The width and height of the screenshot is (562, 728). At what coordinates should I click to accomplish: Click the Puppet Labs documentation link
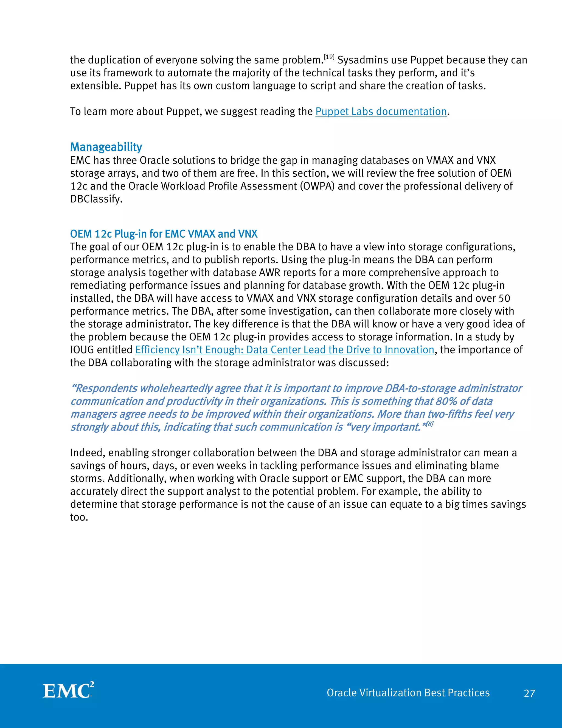381,112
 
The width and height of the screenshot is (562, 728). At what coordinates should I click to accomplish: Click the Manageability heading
106,147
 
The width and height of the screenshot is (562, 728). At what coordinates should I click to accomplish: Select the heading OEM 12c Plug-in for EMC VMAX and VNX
164,234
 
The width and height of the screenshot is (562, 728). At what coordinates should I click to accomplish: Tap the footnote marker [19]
329,57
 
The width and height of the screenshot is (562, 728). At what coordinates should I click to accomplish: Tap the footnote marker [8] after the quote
429,424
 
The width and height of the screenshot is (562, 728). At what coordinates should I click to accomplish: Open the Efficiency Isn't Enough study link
285,350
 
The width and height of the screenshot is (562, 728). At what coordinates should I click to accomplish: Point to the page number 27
529,694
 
